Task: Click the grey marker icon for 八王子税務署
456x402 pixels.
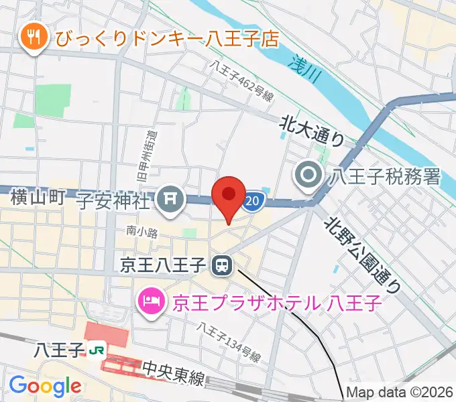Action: (x=309, y=177)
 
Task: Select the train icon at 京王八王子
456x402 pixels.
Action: (x=221, y=267)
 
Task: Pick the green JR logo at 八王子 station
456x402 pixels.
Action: (x=97, y=349)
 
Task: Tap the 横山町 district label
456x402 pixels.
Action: (x=38, y=198)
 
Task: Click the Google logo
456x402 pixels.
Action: (x=44, y=385)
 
